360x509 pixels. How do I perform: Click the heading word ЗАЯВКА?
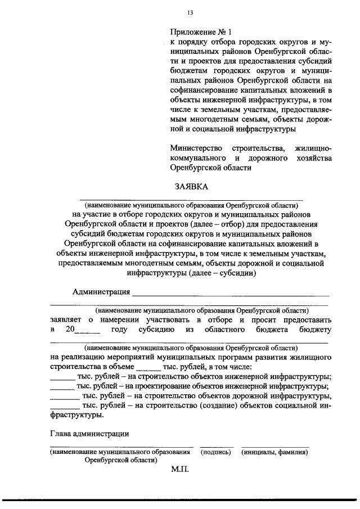tap(189, 187)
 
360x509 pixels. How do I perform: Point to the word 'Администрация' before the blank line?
tap(101, 292)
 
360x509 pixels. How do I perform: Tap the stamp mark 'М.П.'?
tap(181, 469)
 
